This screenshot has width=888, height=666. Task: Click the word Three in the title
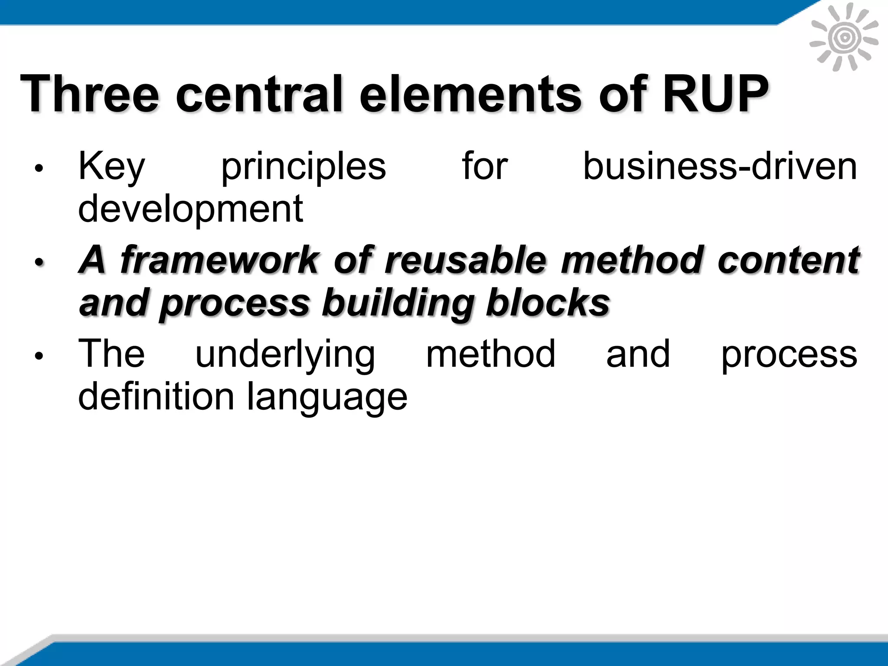click(x=90, y=94)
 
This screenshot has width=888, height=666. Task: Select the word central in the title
click(x=260, y=94)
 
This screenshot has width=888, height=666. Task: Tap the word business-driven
click(x=720, y=167)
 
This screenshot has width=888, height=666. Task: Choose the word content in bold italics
click(x=788, y=260)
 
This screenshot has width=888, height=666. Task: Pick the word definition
click(x=156, y=396)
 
